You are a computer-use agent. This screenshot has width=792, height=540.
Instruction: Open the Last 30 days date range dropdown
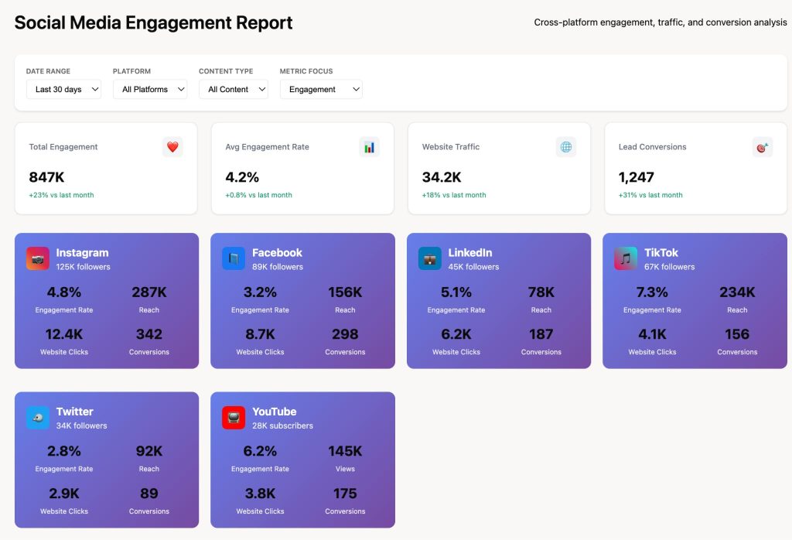pyautogui.click(x=63, y=90)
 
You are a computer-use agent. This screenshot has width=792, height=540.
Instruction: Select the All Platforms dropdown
pyautogui.click(x=150, y=90)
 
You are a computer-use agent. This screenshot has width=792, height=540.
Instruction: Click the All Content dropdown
pyautogui.click(x=234, y=90)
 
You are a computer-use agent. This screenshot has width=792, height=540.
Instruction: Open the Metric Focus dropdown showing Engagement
pyautogui.click(x=321, y=90)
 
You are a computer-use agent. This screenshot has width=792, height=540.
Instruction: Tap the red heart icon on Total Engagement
pyautogui.click(x=172, y=147)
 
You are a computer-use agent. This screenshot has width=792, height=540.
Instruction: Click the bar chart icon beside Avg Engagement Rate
pyautogui.click(x=369, y=147)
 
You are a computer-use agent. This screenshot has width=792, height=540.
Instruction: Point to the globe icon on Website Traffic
pyautogui.click(x=566, y=147)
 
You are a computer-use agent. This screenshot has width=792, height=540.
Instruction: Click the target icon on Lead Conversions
pyautogui.click(x=762, y=147)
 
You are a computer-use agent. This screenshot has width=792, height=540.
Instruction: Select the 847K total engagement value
pyautogui.click(x=46, y=177)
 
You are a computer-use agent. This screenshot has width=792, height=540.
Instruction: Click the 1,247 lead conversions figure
pyautogui.click(x=636, y=177)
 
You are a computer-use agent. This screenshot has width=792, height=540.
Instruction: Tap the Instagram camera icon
pyautogui.click(x=38, y=258)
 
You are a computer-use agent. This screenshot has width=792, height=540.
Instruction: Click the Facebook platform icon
pyautogui.click(x=234, y=258)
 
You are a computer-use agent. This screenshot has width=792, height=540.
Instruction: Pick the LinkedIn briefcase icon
pyautogui.click(x=430, y=258)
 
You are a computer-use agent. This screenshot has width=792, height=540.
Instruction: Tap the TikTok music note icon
pyautogui.click(x=626, y=258)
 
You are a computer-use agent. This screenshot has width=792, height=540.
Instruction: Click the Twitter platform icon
pyautogui.click(x=38, y=418)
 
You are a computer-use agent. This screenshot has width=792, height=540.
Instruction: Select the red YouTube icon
pyautogui.click(x=234, y=418)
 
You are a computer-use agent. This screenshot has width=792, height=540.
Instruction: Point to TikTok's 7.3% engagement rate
pyautogui.click(x=652, y=292)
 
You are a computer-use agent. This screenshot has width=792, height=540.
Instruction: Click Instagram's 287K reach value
pyautogui.click(x=149, y=292)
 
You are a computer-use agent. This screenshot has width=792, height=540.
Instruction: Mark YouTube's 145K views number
pyautogui.click(x=345, y=451)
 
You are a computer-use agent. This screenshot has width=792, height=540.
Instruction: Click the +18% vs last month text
pyautogui.click(x=454, y=195)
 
